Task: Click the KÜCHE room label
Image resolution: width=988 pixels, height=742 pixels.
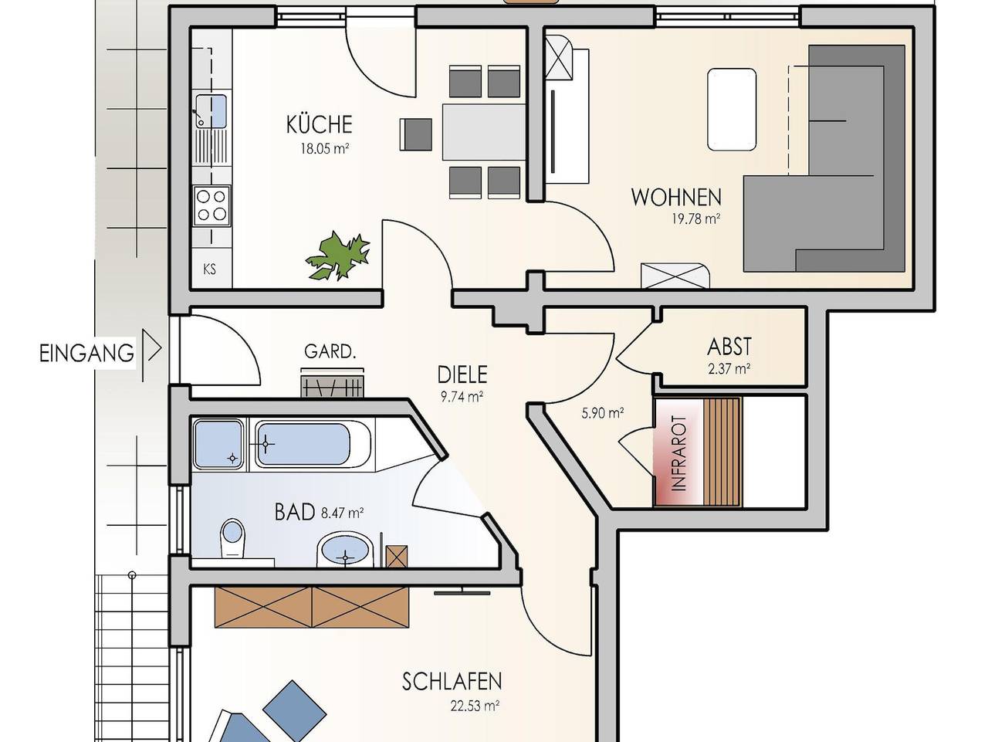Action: (x=319, y=124)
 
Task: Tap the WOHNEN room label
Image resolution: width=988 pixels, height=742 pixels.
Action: (x=675, y=197)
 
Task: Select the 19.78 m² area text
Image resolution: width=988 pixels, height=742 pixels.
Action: (x=695, y=219)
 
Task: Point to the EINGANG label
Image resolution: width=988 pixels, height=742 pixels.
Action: (x=86, y=354)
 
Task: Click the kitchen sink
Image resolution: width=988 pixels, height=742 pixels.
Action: (x=210, y=110)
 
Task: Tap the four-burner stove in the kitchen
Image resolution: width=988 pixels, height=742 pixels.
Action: (x=211, y=205)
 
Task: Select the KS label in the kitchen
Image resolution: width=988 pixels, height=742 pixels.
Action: (x=209, y=269)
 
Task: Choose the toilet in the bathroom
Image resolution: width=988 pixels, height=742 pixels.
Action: (x=232, y=537)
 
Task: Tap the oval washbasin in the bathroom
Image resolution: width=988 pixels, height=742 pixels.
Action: (x=344, y=551)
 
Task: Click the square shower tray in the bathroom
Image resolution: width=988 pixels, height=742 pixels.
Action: (x=218, y=444)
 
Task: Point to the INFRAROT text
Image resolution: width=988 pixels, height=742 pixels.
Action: (x=678, y=453)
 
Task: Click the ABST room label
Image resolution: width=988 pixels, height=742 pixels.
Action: (x=729, y=347)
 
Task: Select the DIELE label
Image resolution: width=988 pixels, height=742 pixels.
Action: (x=462, y=374)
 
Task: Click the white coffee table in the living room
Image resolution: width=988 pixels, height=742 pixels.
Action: (x=731, y=109)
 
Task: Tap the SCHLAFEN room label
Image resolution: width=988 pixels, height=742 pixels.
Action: (x=452, y=681)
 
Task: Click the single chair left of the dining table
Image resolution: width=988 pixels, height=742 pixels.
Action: (x=416, y=134)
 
